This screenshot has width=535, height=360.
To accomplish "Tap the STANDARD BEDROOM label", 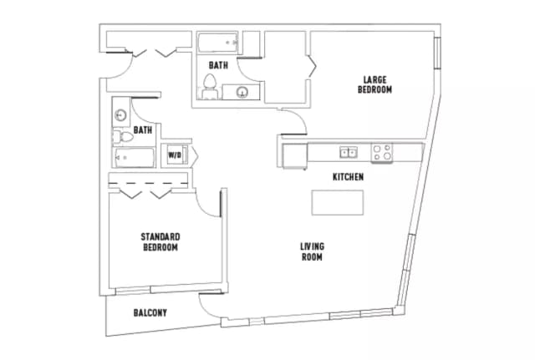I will (x=160, y=242).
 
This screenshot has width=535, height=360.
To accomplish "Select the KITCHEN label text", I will (x=348, y=177).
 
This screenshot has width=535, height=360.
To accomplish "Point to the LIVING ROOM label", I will (x=313, y=251).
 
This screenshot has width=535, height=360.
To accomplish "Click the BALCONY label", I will (x=150, y=313).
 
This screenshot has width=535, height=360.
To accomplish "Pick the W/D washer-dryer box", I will (x=176, y=155).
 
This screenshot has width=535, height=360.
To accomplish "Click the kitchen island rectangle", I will (x=339, y=203).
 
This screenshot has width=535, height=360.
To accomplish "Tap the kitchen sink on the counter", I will (x=349, y=152).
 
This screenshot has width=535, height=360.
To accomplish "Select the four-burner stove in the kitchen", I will (x=382, y=152).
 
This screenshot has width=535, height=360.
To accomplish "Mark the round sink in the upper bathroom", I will (x=243, y=92).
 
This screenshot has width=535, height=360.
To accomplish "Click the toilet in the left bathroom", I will (x=122, y=134).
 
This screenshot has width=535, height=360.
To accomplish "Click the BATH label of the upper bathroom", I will (x=218, y=64).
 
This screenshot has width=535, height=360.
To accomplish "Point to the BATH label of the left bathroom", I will (x=143, y=129).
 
